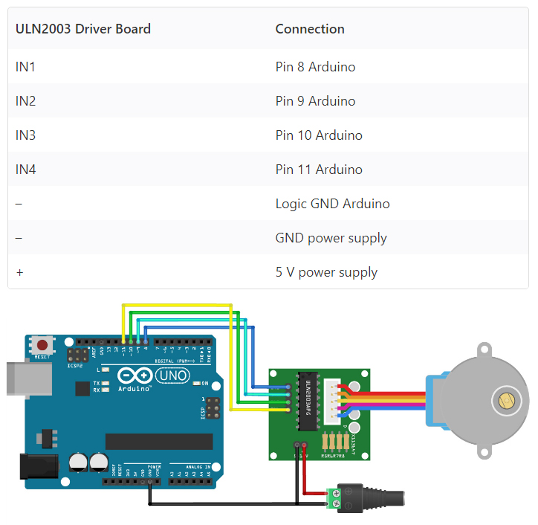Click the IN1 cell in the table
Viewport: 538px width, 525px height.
point(26,67)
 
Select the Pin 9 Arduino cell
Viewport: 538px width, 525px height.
point(315,101)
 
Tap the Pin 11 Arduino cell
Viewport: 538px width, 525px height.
point(319,170)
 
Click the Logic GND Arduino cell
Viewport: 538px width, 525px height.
point(332,204)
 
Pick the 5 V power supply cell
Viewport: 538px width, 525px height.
point(326,272)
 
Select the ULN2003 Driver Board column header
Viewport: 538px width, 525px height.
point(83,29)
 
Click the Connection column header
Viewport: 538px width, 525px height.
point(310,29)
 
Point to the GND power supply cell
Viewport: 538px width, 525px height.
point(331,238)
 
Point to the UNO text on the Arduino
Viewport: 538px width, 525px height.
point(172,376)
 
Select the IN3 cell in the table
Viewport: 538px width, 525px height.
point(26,135)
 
